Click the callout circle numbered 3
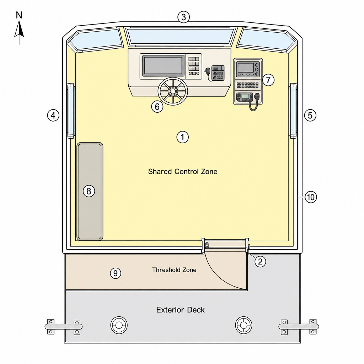click(183, 17)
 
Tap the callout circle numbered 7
click(268, 80)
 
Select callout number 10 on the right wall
click(311, 197)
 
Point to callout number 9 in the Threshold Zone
click(116, 273)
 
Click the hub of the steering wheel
click(173, 91)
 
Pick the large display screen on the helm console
click(163, 66)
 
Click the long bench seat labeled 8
click(90, 191)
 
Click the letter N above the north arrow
click(19, 15)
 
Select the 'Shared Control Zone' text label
click(183, 172)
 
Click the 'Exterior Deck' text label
click(180, 310)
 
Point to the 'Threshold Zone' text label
click(174, 270)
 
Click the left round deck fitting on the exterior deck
click(119, 325)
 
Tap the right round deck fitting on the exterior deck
click(243, 325)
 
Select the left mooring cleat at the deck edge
click(63, 327)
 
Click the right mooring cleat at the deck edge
click(299, 327)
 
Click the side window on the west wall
click(70, 111)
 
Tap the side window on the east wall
click(293, 111)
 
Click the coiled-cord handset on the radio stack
click(255, 102)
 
